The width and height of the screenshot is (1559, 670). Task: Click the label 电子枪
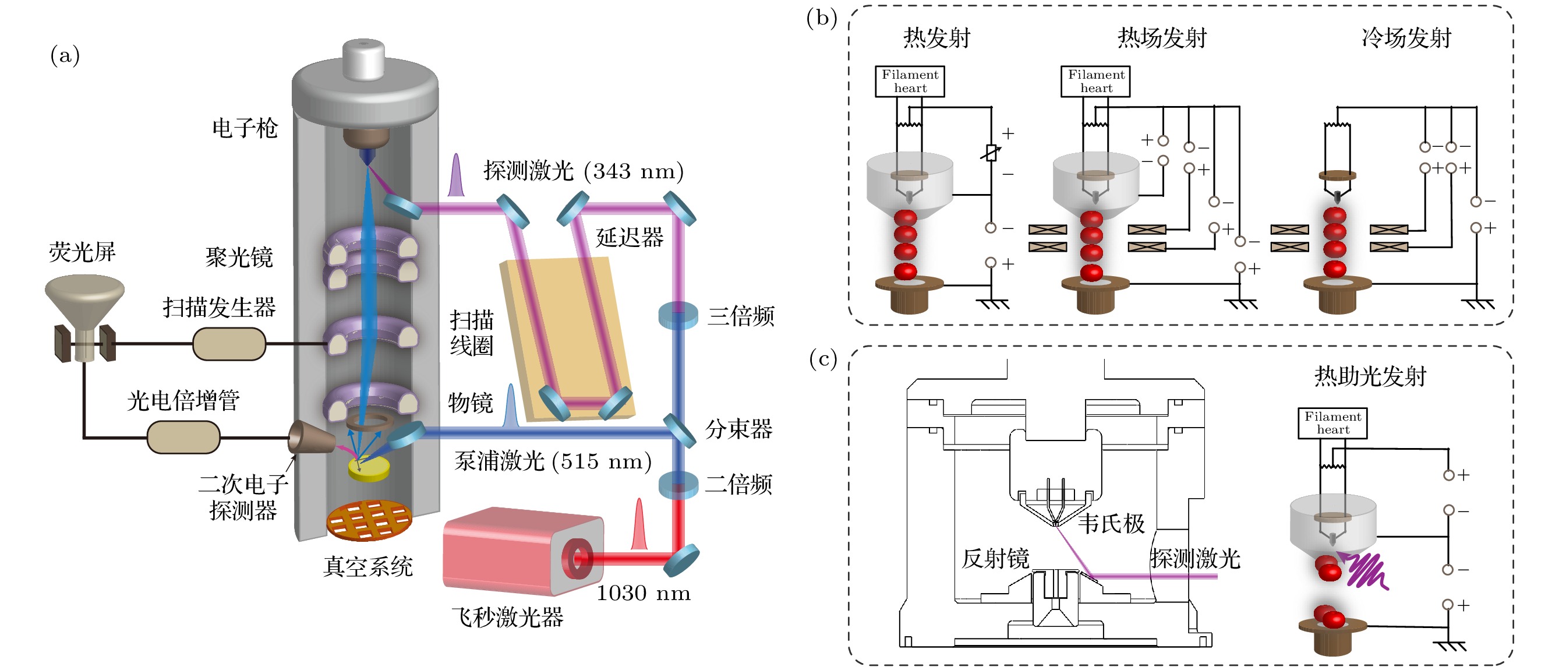pyautogui.click(x=245, y=128)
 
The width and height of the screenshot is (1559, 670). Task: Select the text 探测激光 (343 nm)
pyautogui.click(x=584, y=171)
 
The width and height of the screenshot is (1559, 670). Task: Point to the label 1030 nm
pyautogui.click(x=644, y=593)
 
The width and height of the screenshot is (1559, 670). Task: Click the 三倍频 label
pyautogui.click(x=741, y=316)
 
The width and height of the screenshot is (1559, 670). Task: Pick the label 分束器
pyautogui.click(x=738, y=429)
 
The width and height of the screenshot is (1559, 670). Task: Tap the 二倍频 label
pyautogui.click(x=738, y=484)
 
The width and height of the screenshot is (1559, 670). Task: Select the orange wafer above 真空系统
pyautogui.click(x=369, y=520)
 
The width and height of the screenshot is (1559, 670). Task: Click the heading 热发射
pyautogui.click(x=936, y=38)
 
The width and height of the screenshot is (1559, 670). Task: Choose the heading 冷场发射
pyautogui.click(x=1406, y=38)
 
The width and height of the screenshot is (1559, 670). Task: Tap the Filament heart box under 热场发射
pyautogui.click(x=1095, y=81)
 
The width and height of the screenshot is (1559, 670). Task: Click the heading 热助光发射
pyautogui.click(x=1370, y=376)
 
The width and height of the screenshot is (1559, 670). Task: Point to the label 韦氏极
pyautogui.click(x=1111, y=524)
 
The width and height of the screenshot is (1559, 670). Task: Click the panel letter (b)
pyautogui.click(x=822, y=18)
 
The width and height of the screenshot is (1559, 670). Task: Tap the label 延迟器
pyautogui.click(x=630, y=237)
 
